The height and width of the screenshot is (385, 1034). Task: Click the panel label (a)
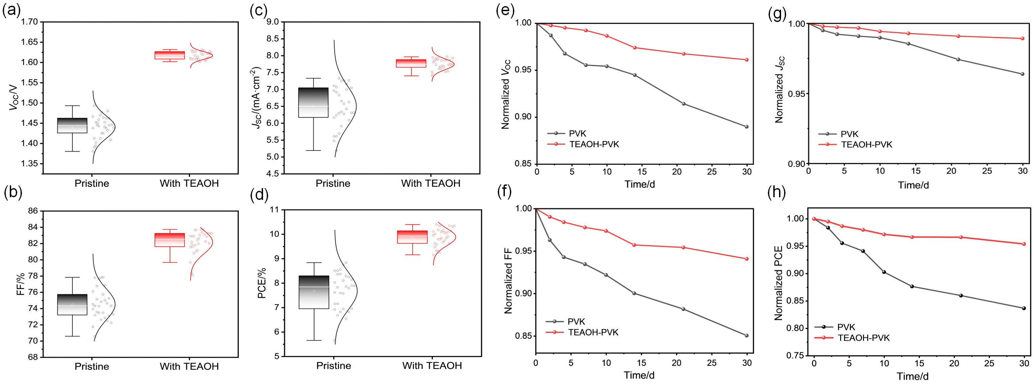(11, 10)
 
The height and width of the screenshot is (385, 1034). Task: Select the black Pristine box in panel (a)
(72, 125)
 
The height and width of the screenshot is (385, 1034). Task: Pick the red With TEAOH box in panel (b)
(170, 240)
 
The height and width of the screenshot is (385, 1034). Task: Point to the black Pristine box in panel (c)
(313, 102)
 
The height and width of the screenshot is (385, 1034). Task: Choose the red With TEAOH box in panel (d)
(412, 237)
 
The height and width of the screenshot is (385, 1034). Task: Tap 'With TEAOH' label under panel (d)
(432, 366)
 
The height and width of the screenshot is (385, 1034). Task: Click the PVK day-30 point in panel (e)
(747, 127)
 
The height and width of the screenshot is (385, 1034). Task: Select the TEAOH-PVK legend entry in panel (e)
(594, 144)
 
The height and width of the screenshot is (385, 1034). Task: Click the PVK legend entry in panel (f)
(576, 322)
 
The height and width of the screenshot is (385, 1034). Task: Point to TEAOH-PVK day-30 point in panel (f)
(747, 259)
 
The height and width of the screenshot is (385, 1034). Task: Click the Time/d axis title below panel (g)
(913, 185)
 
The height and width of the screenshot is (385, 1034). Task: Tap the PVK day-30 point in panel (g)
(1022, 74)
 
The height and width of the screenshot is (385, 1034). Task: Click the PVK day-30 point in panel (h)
(1024, 308)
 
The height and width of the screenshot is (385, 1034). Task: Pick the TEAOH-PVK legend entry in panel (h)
(863, 338)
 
